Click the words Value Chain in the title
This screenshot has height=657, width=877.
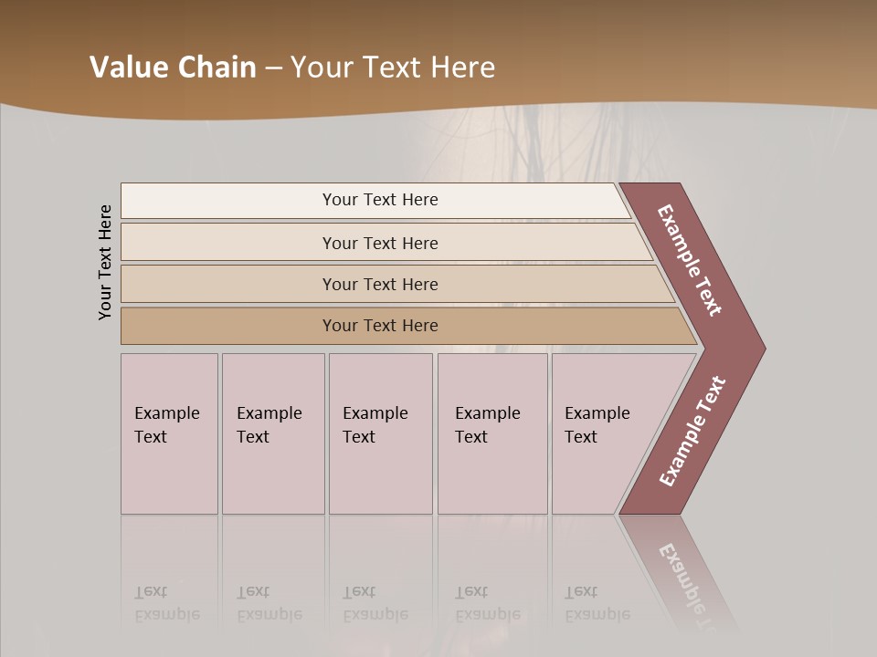(173, 68)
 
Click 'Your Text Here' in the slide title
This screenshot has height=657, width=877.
(393, 68)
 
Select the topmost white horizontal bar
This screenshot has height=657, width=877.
(375, 200)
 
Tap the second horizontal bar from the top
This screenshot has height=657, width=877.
(379, 243)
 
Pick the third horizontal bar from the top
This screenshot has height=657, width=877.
(384, 284)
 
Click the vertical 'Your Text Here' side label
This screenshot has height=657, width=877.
(105, 262)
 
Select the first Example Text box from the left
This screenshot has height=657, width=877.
(169, 433)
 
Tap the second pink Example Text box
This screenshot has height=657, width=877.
(273, 433)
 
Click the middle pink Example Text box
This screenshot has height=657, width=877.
(380, 433)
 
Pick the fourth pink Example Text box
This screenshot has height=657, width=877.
(492, 433)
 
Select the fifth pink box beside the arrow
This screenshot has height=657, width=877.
(603, 433)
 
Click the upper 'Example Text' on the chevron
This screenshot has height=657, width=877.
(690, 261)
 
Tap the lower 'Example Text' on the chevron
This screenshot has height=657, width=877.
(692, 432)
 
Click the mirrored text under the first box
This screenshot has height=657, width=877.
(166, 603)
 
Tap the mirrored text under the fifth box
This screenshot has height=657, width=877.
(597, 603)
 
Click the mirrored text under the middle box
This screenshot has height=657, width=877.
(375, 603)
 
